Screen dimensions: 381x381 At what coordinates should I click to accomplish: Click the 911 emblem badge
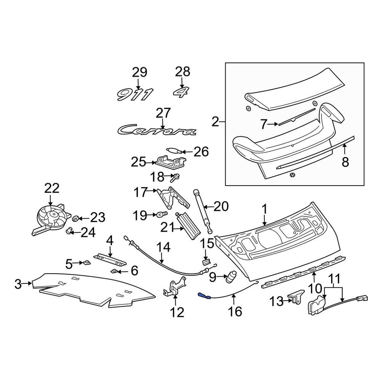(x=135, y=94)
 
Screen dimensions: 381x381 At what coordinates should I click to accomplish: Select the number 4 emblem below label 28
(x=182, y=92)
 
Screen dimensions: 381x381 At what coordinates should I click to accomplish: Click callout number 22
(x=52, y=188)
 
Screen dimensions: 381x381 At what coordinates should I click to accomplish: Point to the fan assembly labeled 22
(x=50, y=219)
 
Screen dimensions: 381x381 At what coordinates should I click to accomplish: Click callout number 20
(x=221, y=207)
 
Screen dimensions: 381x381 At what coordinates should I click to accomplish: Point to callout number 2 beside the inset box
(x=216, y=122)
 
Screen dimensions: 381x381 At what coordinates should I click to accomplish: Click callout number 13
(x=277, y=302)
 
